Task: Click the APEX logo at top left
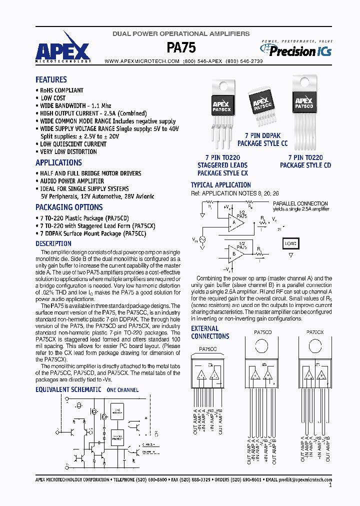pos(62,50)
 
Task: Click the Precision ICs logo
pos(296,50)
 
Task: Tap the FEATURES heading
pos(51,79)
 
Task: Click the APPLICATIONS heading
pos(58,162)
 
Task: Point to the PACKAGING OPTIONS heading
pos(69,207)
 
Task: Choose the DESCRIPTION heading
pos(53,243)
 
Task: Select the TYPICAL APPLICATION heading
pos(220,184)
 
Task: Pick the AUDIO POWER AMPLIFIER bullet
pos(71,181)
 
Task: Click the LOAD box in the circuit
pos(290,243)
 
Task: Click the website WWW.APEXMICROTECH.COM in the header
pos(142,61)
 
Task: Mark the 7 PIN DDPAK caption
pos(262,135)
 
